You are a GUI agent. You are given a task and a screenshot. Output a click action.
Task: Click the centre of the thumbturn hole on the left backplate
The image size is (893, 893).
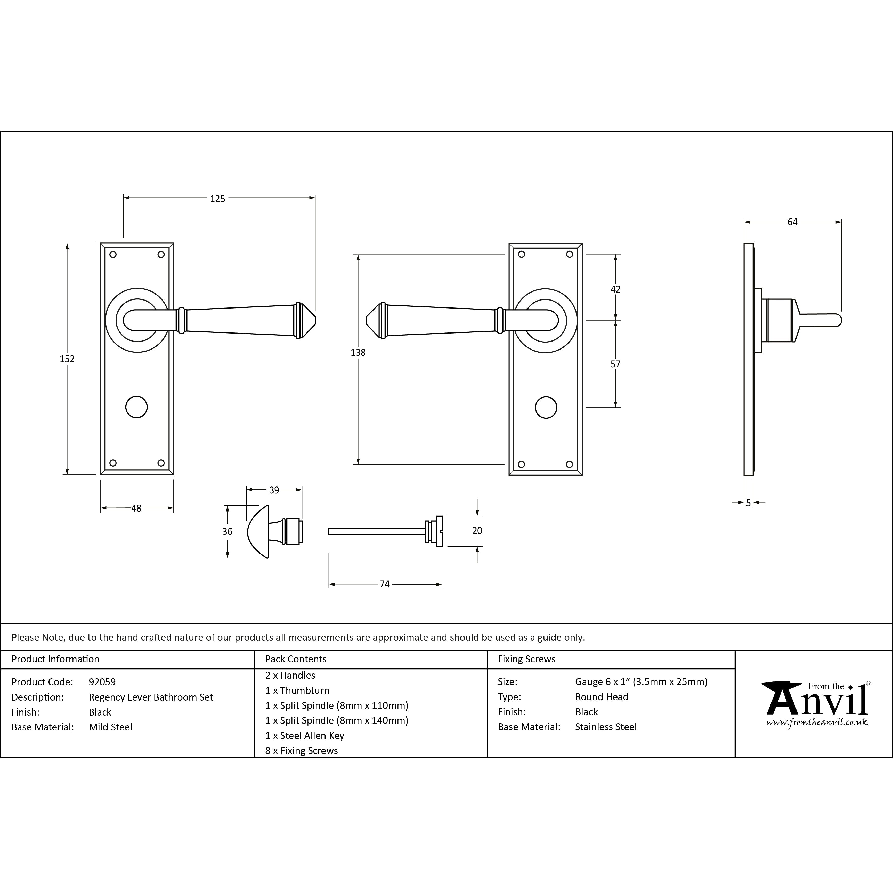(137, 407)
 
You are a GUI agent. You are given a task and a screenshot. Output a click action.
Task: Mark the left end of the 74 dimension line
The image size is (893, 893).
(329, 584)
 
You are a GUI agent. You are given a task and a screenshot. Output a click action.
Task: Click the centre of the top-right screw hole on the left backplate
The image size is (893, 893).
(161, 254)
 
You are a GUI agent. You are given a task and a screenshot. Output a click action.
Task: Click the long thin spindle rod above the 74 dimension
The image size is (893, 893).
(377, 532)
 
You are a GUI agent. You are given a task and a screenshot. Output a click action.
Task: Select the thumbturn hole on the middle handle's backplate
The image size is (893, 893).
(546, 407)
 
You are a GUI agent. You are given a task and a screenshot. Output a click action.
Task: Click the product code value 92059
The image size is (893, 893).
(102, 682)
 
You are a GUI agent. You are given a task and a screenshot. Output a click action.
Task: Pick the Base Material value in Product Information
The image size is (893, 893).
(110, 727)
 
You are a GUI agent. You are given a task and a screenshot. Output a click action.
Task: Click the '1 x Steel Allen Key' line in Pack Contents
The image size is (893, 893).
(305, 735)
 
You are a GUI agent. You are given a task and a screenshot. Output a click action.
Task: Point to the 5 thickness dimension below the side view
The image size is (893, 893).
(748, 503)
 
